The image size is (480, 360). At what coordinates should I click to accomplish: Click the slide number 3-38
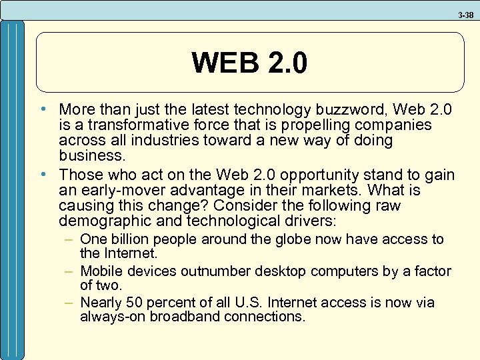(465, 13)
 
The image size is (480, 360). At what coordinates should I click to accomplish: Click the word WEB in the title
(224, 63)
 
